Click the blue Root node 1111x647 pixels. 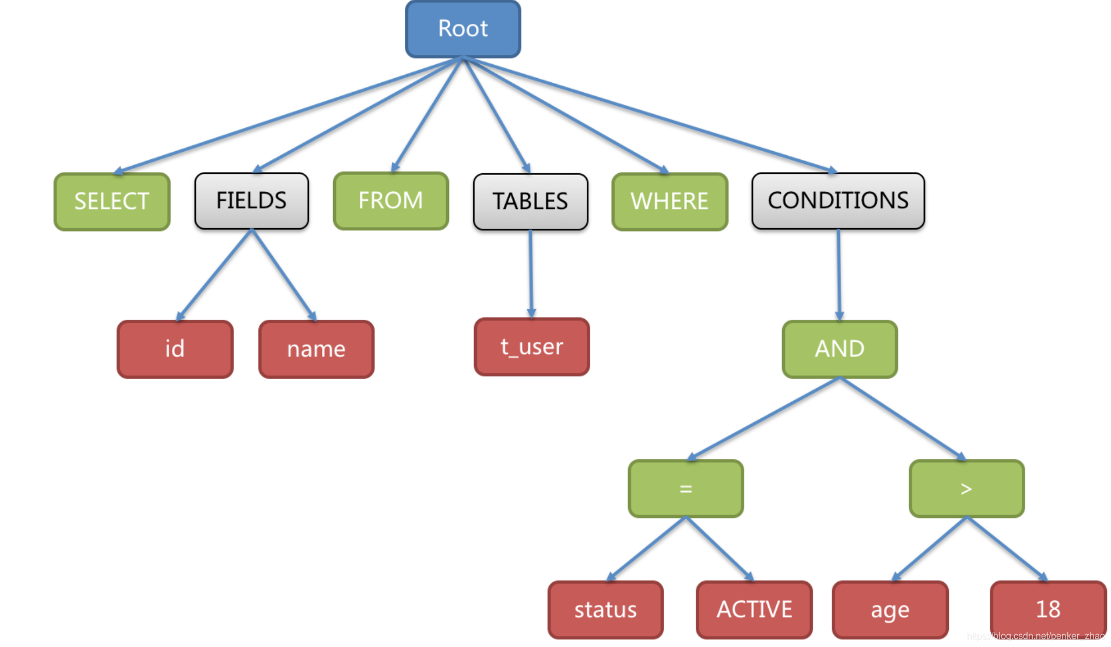click(x=463, y=29)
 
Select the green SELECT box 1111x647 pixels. click(x=112, y=202)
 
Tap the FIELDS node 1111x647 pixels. click(x=252, y=201)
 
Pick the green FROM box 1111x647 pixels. click(x=391, y=201)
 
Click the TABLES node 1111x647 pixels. click(x=531, y=202)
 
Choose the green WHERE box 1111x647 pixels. click(x=670, y=202)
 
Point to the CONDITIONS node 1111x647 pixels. click(x=838, y=201)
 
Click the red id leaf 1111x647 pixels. click(x=175, y=349)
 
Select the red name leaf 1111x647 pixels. click(x=316, y=349)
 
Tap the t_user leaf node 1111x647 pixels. click(x=532, y=347)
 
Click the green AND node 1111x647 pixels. click(x=840, y=349)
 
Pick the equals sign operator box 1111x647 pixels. click(x=686, y=489)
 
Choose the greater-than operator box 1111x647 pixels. click(x=966, y=489)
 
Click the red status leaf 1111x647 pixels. click(x=605, y=610)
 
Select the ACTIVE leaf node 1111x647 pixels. click(x=754, y=610)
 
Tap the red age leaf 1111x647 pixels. click(x=890, y=610)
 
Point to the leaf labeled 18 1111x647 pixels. click(x=1048, y=610)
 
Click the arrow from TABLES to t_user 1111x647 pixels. click(x=531, y=274)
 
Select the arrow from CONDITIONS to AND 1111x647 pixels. click(x=839, y=275)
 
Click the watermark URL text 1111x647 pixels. click(x=1036, y=636)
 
